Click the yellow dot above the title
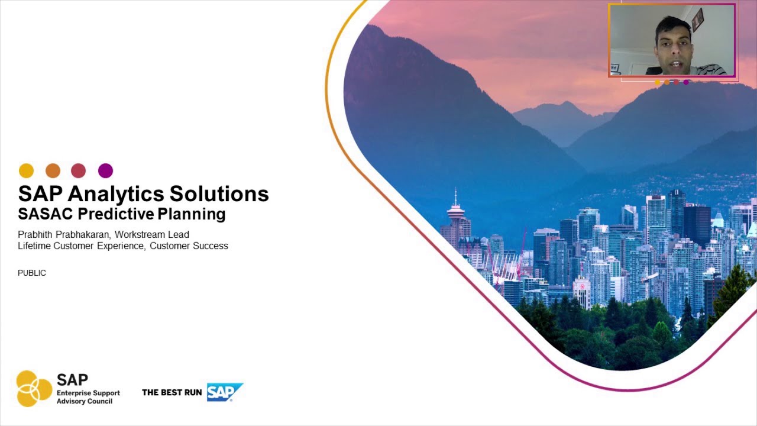click(x=26, y=171)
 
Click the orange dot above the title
click(x=53, y=171)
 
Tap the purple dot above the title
click(x=105, y=171)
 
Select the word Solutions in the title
click(x=219, y=194)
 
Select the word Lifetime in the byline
click(x=34, y=246)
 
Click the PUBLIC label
click(x=32, y=273)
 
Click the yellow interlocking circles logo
click(x=34, y=389)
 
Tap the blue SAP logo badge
click(x=224, y=392)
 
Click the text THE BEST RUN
click(x=172, y=392)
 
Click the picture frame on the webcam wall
click(x=698, y=20)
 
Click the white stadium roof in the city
click(x=503, y=266)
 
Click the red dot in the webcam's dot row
click(x=677, y=82)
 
